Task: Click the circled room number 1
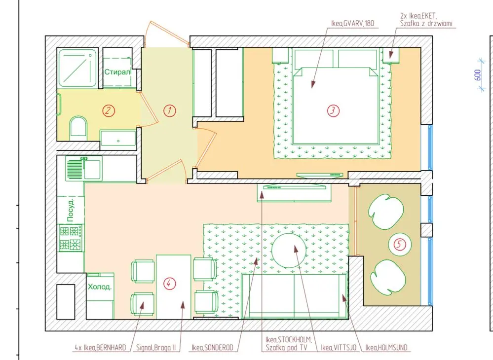(170, 110)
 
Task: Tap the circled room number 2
(109, 110)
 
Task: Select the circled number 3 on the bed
(333, 110)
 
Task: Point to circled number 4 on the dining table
(169, 284)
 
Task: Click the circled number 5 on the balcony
(399, 244)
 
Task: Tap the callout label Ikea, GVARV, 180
(352, 23)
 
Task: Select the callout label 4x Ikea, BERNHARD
(100, 348)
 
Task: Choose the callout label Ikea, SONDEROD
(213, 348)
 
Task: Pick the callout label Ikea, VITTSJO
(339, 348)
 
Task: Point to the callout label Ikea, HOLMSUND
(386, 348)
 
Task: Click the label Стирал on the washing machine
(117, 72)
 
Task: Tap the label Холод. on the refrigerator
(99, 287)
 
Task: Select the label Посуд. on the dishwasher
(71, 210)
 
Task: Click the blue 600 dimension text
(477, 75)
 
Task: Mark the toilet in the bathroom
(78, 128)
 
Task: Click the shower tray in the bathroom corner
(77, 68)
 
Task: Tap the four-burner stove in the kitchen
(71, 238)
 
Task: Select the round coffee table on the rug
(289, 251)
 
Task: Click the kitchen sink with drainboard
(83, 169)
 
